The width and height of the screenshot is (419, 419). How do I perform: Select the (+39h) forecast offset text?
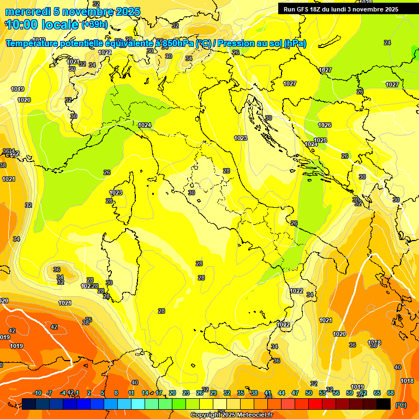(94, 25)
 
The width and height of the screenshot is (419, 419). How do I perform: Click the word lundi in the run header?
(346, 9)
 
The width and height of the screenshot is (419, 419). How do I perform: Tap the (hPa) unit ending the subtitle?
(295, 43)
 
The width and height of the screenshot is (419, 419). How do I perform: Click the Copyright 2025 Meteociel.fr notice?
(232, 415)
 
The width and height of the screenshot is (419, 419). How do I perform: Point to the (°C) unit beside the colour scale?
(400, 405)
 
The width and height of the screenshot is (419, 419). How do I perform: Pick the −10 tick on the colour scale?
(38, 393)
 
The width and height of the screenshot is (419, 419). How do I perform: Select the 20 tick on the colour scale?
(172, 393)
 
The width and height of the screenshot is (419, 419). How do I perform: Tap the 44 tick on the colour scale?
(282, 393)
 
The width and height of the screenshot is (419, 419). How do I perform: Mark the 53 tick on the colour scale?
(322, 393)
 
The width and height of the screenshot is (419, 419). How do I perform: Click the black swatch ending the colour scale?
(384, 404)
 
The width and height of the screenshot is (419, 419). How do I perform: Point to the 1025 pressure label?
(320, 140)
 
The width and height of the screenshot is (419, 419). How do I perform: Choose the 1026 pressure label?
(325, 125)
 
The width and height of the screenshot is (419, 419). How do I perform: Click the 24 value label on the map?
(387, 43)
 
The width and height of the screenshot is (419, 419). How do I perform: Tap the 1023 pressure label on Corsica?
(116, 193)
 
